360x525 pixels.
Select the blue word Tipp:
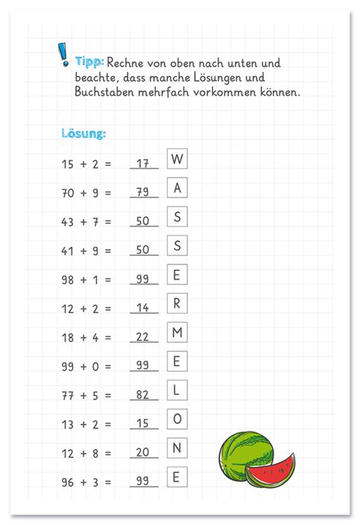tap(90, 61)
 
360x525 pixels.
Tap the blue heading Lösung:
tap(84, 134)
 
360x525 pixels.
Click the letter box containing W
tap(177, 159)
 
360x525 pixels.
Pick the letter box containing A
tap(177, 188)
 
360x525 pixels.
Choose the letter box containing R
tap(177, 303)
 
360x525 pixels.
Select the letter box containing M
tap(177, 332)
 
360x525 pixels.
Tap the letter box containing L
tap(177, 390)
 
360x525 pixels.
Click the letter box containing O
tap(177, 419)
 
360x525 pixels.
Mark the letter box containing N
tap(177, 448)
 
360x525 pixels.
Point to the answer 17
tap(142, 163)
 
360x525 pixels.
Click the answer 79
tap(142, 192)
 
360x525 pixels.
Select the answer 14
tap(142, 308)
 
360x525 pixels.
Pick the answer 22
tap(142, 337)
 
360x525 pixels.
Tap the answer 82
tap(142, 394)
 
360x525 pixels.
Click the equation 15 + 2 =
tap(86, 163)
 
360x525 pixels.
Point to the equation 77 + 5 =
tap(86, 394)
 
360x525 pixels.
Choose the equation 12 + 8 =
tap(86, 452)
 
